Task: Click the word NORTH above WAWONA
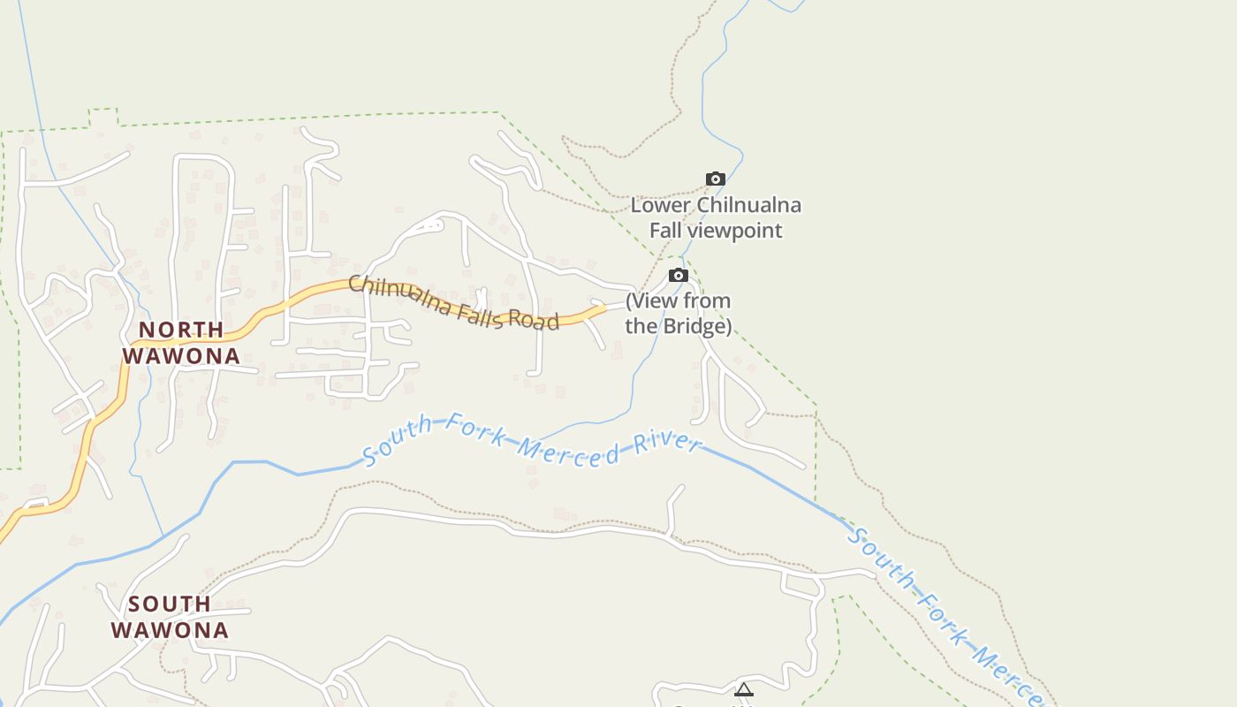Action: (181, 330)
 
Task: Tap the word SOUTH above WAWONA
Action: (170, 604)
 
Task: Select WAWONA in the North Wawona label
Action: (181, 355)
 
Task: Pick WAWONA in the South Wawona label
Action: (170, 630)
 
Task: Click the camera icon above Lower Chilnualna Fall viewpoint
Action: (716, 179)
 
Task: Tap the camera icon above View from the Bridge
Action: (678, 276)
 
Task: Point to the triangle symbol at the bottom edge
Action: (744, 689)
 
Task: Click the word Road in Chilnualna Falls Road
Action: (533, 319)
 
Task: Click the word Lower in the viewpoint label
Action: (660, 206)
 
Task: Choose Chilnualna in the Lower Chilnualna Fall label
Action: (749, 206)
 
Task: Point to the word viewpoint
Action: (740, 231)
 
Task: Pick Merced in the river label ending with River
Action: (568, 451)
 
